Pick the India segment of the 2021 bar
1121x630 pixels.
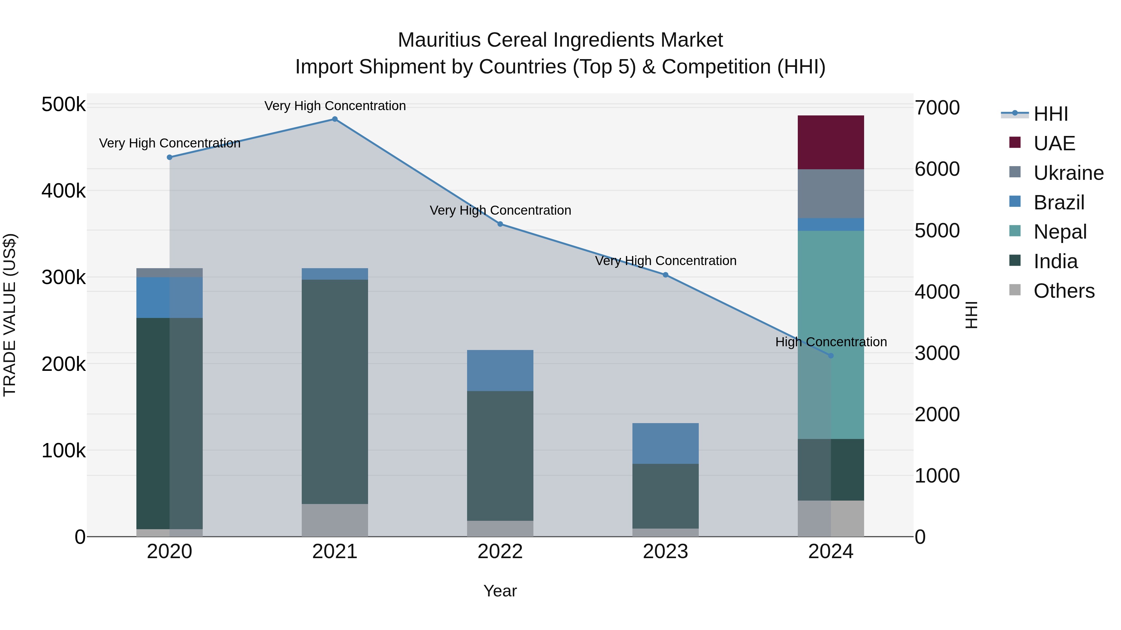[335, 391]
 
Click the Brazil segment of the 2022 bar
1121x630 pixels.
[500, 371]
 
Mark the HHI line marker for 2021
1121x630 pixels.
[335, 119]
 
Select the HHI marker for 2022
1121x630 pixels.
[500, 224]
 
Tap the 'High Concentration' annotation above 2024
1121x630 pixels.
[831, 342]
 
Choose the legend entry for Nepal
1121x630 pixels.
[1060, 232]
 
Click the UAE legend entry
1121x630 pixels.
[1054, 143]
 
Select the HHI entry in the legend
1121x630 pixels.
[1051, 114]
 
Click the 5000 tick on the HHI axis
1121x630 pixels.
[936, 231]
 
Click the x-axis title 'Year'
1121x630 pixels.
[500, 591]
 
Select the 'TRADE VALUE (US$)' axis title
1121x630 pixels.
[10, 315]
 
